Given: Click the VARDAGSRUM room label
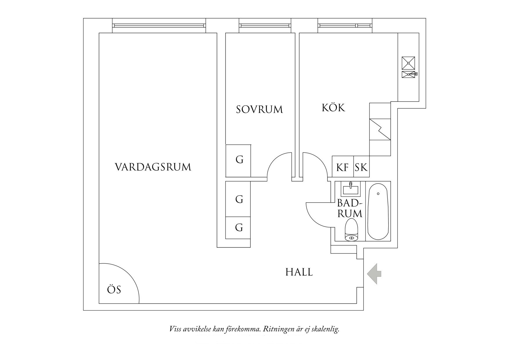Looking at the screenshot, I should (x=153, y=167).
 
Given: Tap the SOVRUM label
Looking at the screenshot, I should (x=259, y=109).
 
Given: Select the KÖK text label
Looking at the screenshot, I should (x=333, y=108).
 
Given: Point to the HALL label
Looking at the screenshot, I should (x=299, y=272).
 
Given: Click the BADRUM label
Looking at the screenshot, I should (x=350, y=208).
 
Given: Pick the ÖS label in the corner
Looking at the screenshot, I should (x=114, y=290).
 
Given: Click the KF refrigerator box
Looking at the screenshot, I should (x=342, y=167).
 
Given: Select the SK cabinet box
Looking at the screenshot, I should (x=361, y=167).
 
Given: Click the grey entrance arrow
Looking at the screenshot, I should (x=374, y=273).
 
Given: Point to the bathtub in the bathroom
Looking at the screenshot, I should (x=378, y=211).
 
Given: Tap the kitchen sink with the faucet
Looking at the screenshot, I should (x=408, y=74).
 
